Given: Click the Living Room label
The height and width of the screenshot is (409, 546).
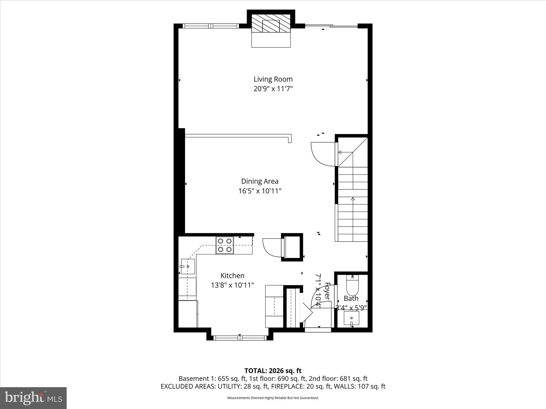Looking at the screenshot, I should point(273,79).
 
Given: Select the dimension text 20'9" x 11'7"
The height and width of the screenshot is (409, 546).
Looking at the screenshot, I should point(273,89).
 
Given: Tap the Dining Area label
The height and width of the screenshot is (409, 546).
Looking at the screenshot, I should point(260,181).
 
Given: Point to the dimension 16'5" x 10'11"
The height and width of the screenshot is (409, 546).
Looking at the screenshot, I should point(260,191).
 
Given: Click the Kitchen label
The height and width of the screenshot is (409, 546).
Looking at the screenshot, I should point(232,276).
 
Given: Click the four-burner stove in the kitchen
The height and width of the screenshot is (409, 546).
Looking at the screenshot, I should point(224,245).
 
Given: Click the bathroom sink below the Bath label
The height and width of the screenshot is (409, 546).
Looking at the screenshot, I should point(351,318).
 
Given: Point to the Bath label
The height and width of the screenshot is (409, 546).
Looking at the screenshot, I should point(351,298).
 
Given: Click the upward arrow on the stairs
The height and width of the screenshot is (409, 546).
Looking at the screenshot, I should point(353,199).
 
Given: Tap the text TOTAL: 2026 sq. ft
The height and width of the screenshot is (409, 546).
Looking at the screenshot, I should point(273,371).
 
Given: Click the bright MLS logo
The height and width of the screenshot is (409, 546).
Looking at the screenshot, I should point(33,398).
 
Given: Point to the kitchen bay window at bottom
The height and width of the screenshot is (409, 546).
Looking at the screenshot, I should point(240,338).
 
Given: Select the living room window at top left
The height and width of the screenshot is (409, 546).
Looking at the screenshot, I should point(211,26).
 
